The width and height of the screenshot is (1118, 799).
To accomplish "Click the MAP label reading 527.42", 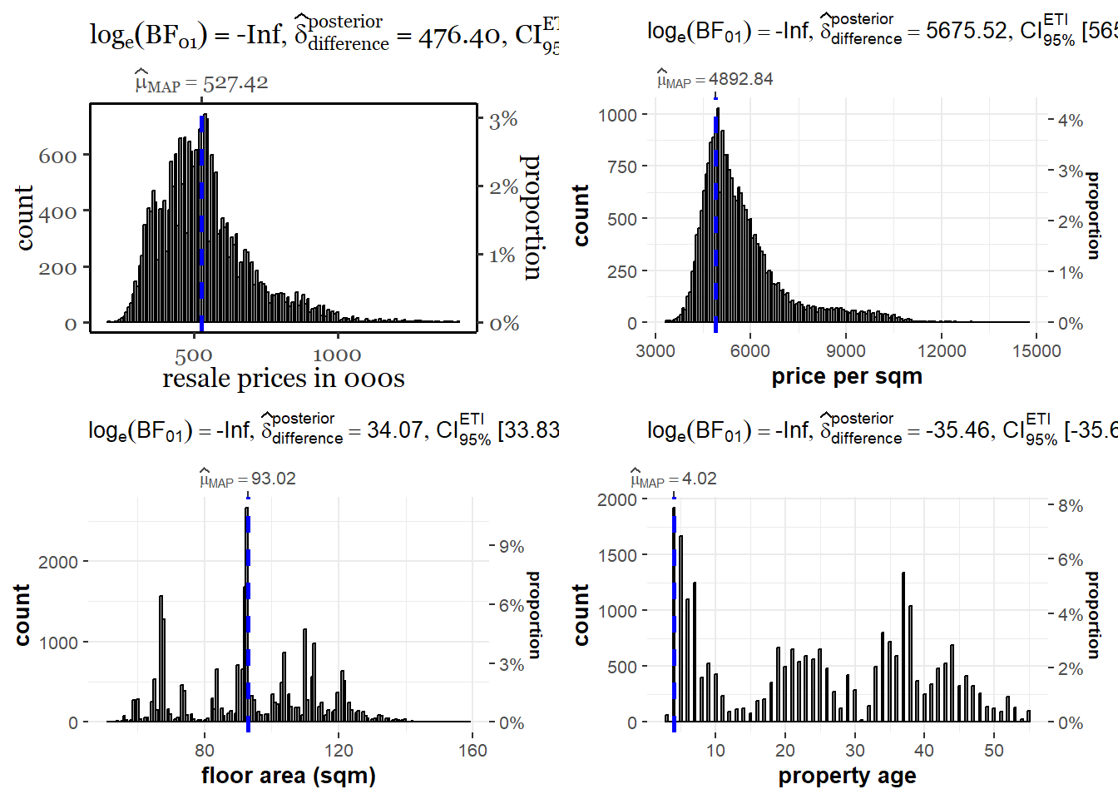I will click(x=202, y=83).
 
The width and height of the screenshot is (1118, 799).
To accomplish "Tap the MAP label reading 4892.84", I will click(x=715, y=79).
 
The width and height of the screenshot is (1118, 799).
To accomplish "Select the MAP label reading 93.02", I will click(x=248, y=479).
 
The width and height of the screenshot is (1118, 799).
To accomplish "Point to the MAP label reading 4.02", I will click(x=674, y=479).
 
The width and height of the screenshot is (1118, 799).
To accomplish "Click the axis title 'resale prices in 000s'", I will click(x=283, y=379).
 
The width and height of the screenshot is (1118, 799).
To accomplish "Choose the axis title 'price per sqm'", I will click(x=847, y=376).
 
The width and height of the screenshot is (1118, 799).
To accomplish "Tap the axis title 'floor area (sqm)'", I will click(x=288, y=776).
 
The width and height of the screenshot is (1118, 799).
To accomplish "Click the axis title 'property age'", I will click(x=847, y=776).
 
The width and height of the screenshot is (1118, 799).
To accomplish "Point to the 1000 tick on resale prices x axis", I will click(x=337, y=355).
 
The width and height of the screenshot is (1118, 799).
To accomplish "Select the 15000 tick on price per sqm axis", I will click(x=1036, y=351).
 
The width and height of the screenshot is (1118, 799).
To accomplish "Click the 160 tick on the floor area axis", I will click(x=472, y=751).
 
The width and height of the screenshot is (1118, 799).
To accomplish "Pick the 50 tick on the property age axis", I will click(x=993, y=751).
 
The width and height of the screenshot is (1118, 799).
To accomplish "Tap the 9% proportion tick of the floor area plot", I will click(x=512, y=547).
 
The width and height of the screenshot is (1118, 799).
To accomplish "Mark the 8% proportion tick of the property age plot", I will click(x=1071, y=506).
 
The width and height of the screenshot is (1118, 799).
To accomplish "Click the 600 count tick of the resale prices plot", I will click(x=57, y=156).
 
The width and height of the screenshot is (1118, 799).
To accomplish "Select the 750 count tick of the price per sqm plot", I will click(x=622, y=166).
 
